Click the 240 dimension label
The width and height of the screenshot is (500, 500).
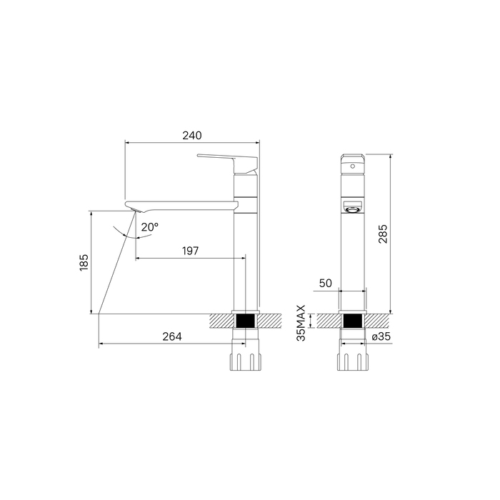[x=192, y=136]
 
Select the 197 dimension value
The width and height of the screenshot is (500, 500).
[x=191, y=251]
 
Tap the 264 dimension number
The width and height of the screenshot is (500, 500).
[x=172, y=336]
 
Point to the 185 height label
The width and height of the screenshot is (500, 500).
[x=84, y=262]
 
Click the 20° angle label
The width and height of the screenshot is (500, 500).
[x=150, y=227]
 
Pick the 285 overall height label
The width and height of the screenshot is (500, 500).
[x=383, y=234]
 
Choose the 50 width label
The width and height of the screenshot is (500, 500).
[x=325, y=283]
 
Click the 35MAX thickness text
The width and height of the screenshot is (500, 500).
[x=301, y=323]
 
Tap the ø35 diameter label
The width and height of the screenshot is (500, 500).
[x=381, y=336]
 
